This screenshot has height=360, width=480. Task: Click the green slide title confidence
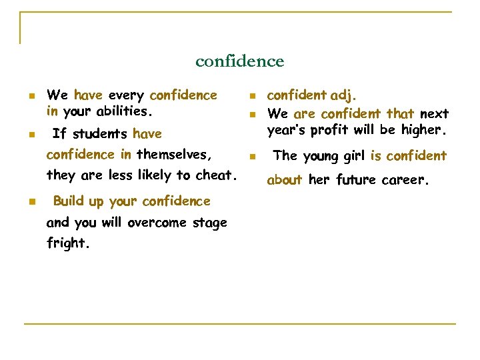239,61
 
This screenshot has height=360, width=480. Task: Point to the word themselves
174,155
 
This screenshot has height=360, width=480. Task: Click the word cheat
216,175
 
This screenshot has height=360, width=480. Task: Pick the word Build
68,201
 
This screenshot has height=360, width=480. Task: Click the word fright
67,244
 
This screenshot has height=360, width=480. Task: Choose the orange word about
285,179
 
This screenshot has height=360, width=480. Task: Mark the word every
126,95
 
